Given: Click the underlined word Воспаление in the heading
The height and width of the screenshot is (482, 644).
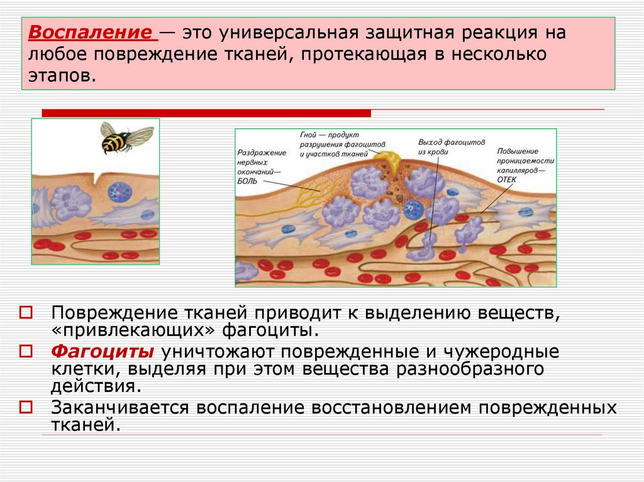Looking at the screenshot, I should pos(92,32).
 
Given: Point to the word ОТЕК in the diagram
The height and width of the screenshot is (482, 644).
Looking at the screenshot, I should pos(508,178).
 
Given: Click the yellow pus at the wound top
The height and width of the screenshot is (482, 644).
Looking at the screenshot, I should pos(393,162).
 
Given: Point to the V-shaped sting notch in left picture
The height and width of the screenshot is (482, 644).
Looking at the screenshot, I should pos(96,178).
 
